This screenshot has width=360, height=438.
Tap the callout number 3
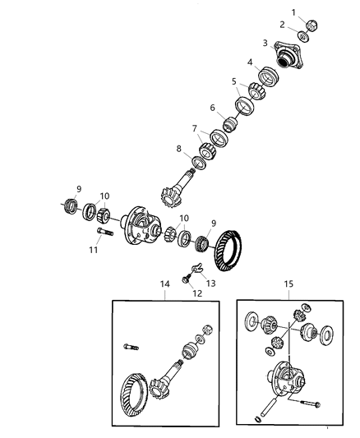[265, 43]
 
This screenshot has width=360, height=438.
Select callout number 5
[234, 81]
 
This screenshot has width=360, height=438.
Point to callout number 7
[195, 128]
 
